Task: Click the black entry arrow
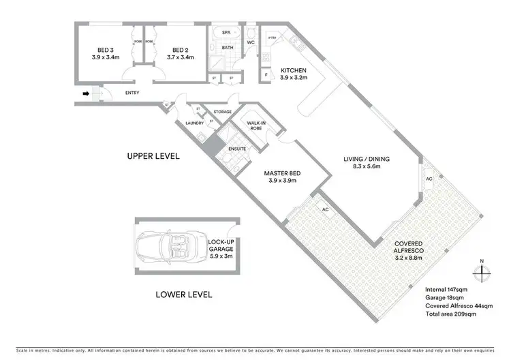coord(85,94)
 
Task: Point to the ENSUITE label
coord(236,149)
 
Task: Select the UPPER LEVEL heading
coord(153,156)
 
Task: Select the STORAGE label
coord(222,112)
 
